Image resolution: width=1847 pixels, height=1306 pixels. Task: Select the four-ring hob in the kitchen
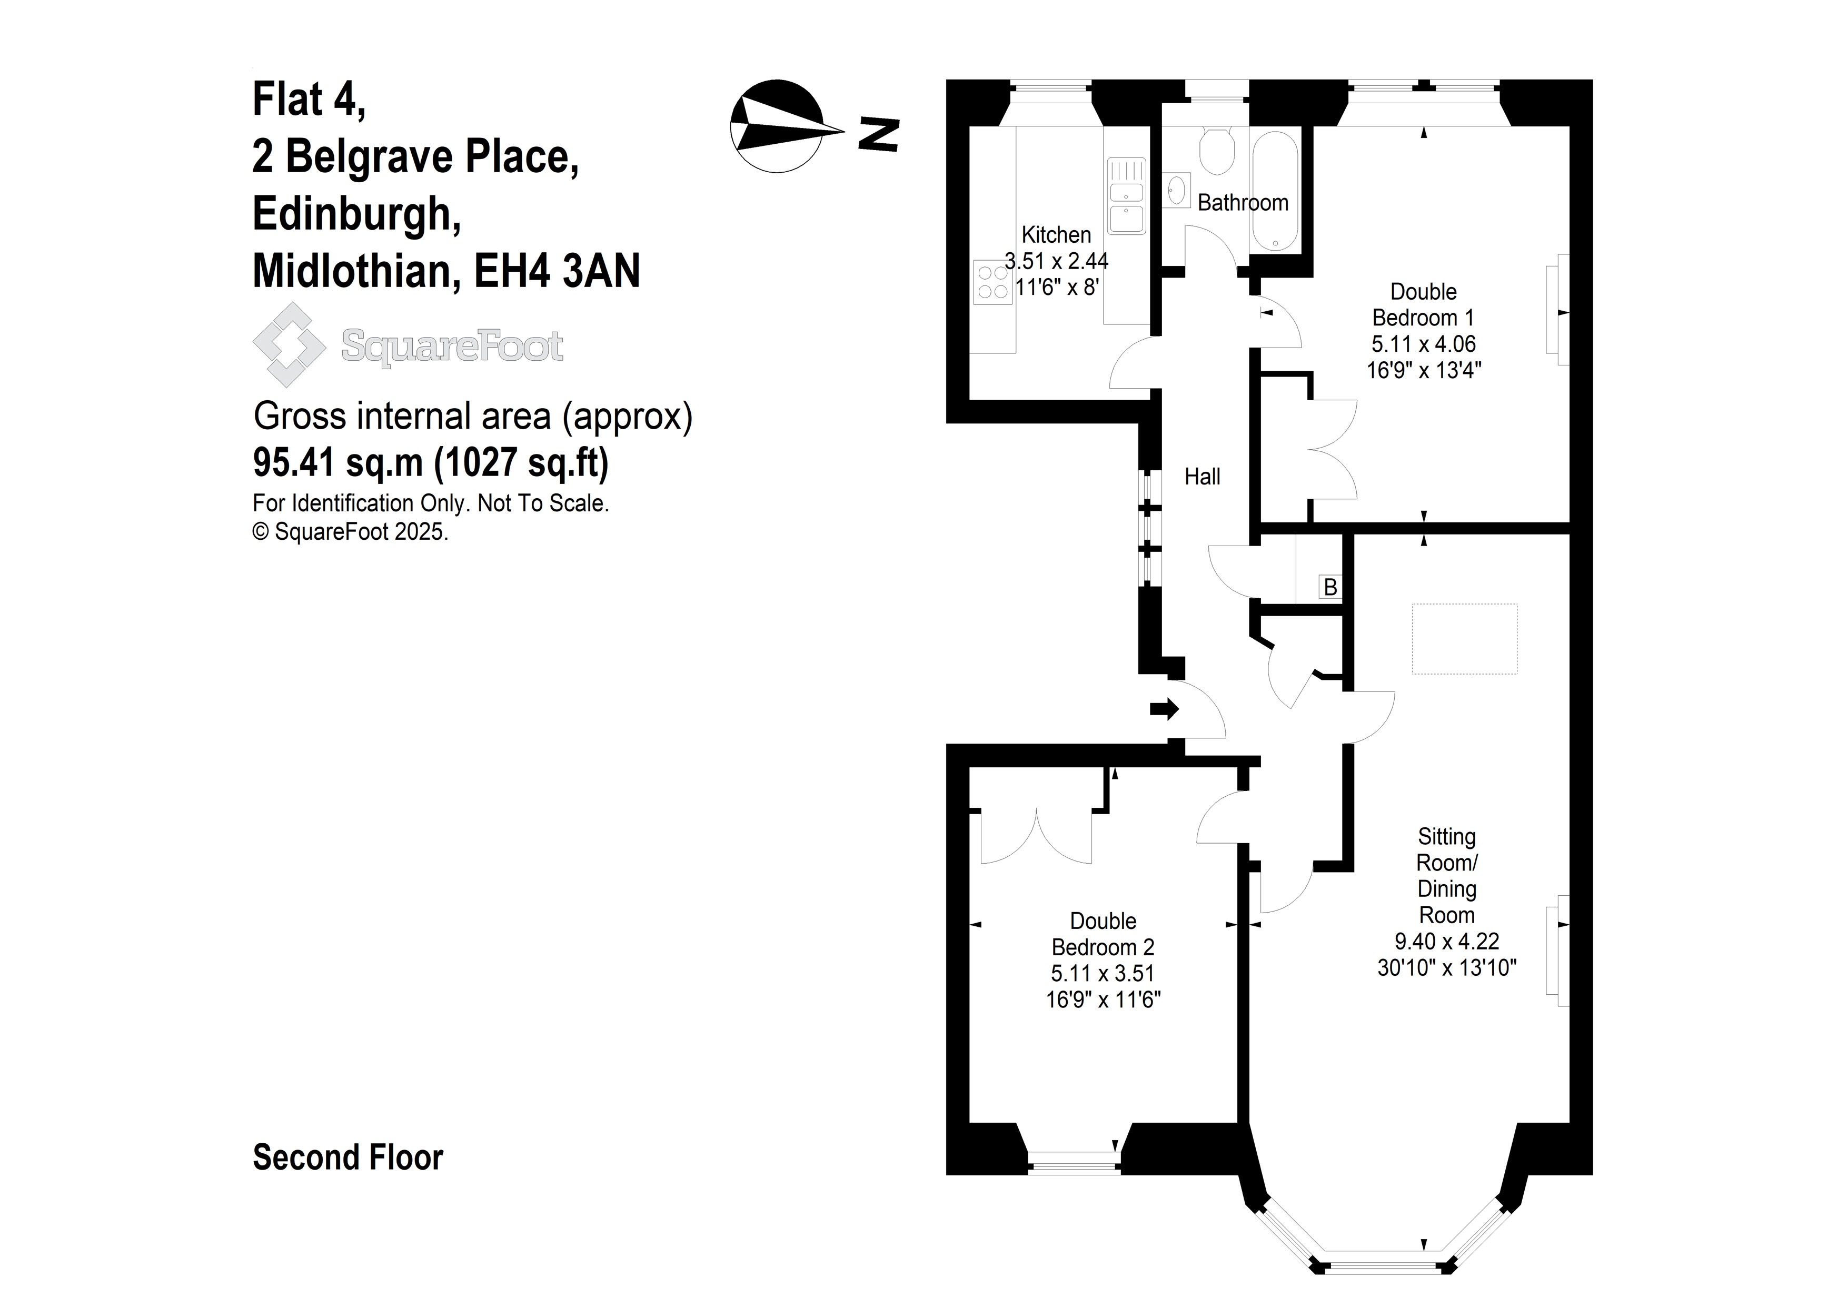point(992,282)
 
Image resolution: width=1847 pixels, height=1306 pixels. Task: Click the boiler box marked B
point(1330,587)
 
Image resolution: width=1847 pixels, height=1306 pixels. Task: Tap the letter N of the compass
point(878,134)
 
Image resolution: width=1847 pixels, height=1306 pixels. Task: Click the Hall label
point(1202,477)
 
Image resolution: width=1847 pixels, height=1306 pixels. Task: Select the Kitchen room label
point(1056,235)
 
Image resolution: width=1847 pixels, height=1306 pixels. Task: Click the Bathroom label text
point(1243,203)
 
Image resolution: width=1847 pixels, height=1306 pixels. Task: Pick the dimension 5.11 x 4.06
point(1423,344)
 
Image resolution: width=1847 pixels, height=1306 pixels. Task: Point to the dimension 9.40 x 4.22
point(1446,942)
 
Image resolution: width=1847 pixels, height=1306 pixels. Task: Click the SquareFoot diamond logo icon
point(289,344)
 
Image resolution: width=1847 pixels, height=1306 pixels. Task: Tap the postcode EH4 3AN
point(557,271)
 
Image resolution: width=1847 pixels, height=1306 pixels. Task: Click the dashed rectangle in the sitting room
point(1464,639)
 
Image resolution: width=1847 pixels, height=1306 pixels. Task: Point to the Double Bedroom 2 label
point(1103,934)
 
